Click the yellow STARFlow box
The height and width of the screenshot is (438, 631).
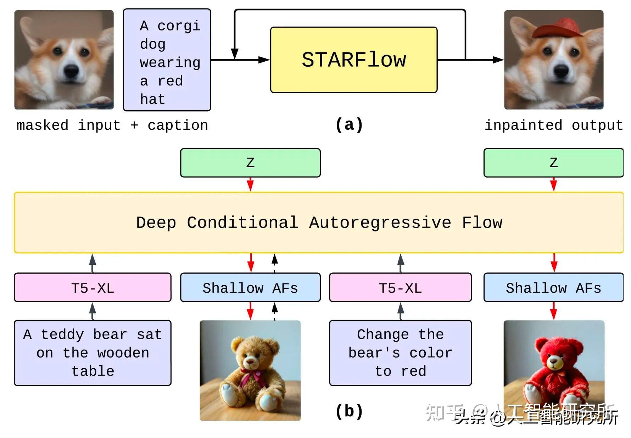pyautogui.click(x=353, y=60)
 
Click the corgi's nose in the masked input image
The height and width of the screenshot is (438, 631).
pyautogui.click(x=71, y=71)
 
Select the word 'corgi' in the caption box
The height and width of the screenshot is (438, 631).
pyautogui.click(x=179, y=26)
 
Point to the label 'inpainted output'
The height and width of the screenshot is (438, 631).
pyautogui.click(x=553, y=125)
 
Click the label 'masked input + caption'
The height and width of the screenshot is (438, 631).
pyautogui.click(x=112, y=125)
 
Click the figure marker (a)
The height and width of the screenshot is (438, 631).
pyautogui.click(x=349, y=125)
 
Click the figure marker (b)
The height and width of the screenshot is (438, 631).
pyautogui.click(x=349, y=411)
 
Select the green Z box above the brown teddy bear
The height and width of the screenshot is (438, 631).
pyautogui.click(x=250, y=163)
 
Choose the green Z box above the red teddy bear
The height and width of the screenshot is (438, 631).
pyautogui.click(x=553, y=163)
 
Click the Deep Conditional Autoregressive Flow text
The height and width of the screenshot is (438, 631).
pyautogui.click(x=319, y=223)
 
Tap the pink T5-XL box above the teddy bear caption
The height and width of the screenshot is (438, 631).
pyautogui.click(x=93, y=288)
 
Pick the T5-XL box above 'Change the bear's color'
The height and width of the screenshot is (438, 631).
pyautogui.click(x=400, y=288)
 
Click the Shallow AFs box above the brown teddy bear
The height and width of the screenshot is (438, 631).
pyautogui.click(x=250, y=288)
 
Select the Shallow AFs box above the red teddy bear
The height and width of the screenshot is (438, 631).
pyautogui.click(x=553, y=288)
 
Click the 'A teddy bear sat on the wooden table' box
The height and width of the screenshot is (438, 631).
pyautogui.click(x=93, y=353)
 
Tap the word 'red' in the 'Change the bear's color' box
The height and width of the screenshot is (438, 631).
pyautogui.click(x=413, y=371)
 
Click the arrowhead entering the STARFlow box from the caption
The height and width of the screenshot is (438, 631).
pyautogui.click(x=264, y=60)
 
